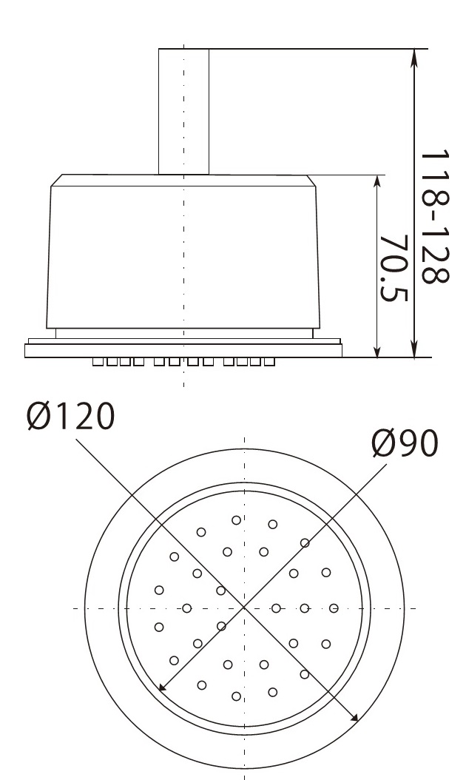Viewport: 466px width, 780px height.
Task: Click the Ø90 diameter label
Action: [x=405, y=444]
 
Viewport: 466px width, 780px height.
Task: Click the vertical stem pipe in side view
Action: [x=183, y=111]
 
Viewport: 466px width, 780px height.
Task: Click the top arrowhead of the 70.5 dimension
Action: [x=377, y=181]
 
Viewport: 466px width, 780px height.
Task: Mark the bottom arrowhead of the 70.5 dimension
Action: [x=377, y=352]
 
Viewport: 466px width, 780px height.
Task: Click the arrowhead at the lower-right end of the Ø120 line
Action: [x=354, y=717]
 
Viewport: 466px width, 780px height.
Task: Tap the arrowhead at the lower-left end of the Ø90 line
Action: [x=162, y=687]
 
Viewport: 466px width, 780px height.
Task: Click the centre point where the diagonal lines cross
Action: [x=244, y=608]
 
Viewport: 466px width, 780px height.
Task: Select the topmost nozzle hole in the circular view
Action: [x=236, y=520]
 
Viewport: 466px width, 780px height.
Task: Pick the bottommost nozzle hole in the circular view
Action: [x=236, y=696]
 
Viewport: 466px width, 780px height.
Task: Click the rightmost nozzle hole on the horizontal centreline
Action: [x=334, y=608]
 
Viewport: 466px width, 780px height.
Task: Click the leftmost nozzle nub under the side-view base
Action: [x=98, y=363]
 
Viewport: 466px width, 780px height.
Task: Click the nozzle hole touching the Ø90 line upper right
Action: [x=305, y=543]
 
